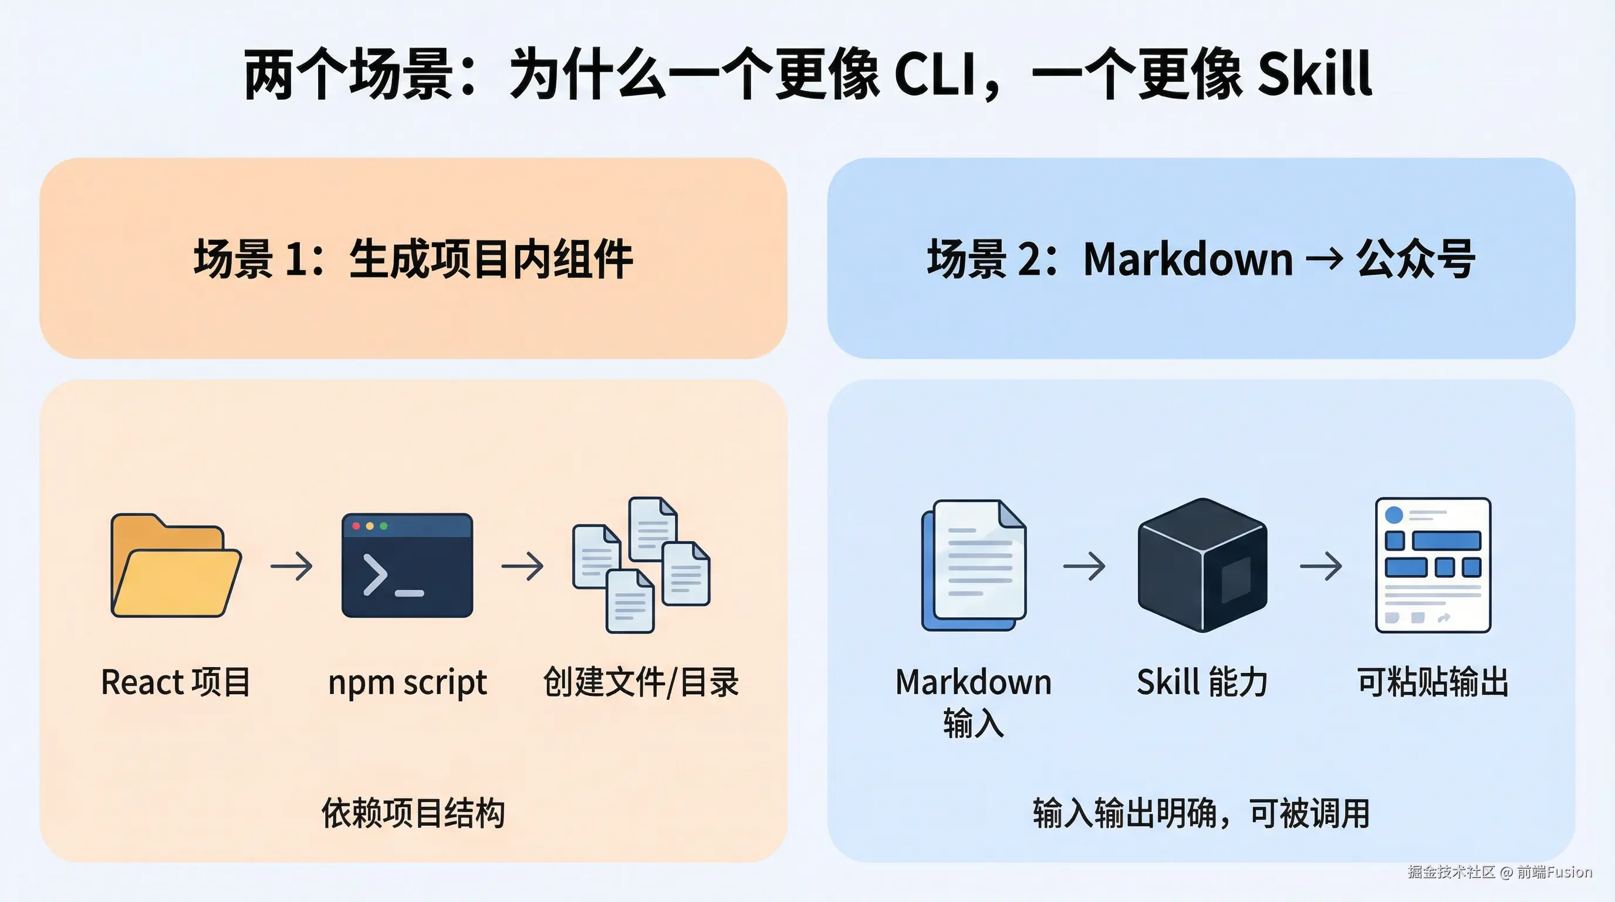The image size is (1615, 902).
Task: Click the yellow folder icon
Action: click(x=175, y=566)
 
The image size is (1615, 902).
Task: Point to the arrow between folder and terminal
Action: click(x=292, y=567)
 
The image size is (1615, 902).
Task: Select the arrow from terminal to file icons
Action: click(x=522, y=567)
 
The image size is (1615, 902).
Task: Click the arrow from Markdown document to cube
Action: click(x=1084, y=567)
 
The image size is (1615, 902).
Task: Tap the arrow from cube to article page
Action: click(x=1320, y=567)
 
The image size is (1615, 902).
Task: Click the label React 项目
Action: click(x=175, y=682)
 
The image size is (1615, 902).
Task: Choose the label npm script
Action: click(x=407, y=682)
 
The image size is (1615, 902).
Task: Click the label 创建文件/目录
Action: click(x=641, y=682)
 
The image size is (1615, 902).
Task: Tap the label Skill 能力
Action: click(x=1202, y=682)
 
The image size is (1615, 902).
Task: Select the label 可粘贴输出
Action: click(x=1432, y=682)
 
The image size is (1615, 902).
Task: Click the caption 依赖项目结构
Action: click(x=413, y=813)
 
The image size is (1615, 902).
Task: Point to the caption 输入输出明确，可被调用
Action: click(x=1201, y=813)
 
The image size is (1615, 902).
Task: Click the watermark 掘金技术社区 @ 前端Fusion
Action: click(x=1499, y=872)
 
